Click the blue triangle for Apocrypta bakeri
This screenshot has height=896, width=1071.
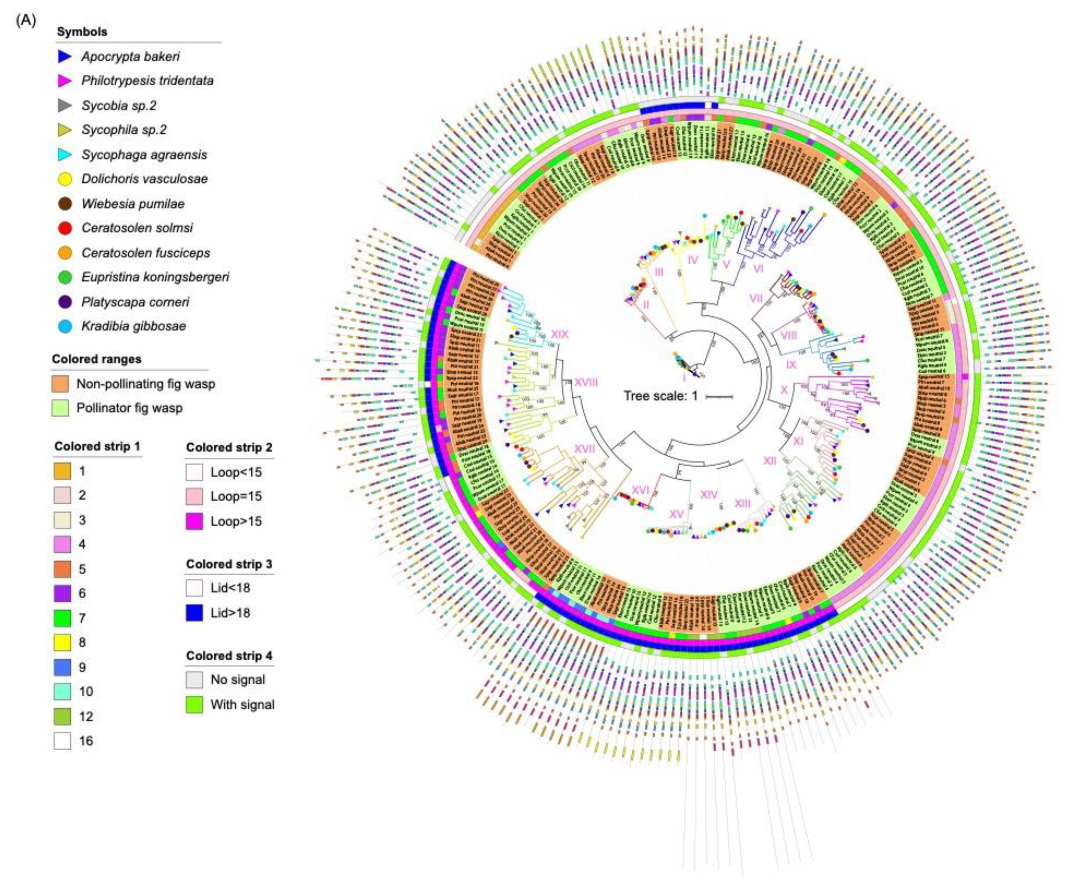coord(65,56)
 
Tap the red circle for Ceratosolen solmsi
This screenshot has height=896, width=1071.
coord(65,228)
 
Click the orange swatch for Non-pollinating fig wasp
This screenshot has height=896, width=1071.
coord(60,384)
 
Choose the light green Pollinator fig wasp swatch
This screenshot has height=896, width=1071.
coord(60,408)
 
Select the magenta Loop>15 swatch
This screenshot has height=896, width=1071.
coord(194,521)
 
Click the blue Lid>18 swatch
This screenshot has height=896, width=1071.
coord(194,612)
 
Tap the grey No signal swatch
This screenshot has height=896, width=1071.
coord(194,680)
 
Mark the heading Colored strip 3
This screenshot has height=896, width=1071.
coord(229,564)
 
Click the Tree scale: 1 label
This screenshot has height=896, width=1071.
coord(660,396)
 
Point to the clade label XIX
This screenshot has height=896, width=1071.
coord(560,335)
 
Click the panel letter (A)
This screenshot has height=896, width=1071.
coord(26,21)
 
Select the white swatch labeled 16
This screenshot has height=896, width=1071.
coord(62,741)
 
